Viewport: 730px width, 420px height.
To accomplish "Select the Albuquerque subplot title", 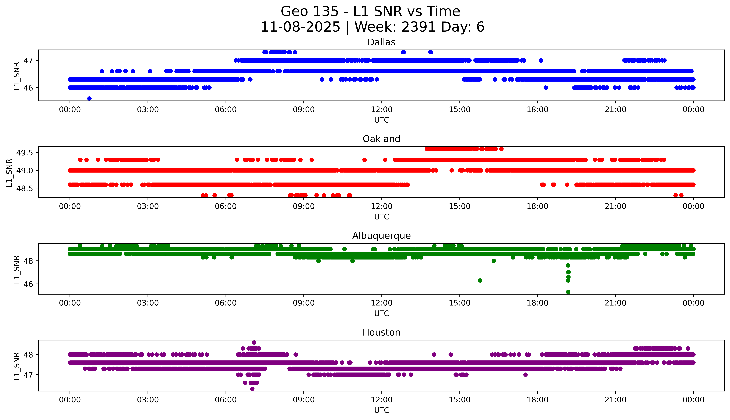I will coord(381,236).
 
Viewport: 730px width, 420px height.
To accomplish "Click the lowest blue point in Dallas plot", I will coord(89,98).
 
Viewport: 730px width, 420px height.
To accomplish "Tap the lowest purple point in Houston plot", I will coord(252,389).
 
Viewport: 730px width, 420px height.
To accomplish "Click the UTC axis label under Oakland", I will coord(381,217).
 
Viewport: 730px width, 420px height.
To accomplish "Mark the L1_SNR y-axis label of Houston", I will coord(17,366).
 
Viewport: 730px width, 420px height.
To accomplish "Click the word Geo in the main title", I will coord(295,11).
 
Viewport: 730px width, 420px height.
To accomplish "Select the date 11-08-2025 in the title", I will coord(300,27).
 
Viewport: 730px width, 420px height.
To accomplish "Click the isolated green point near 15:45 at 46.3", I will coord(480,280).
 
